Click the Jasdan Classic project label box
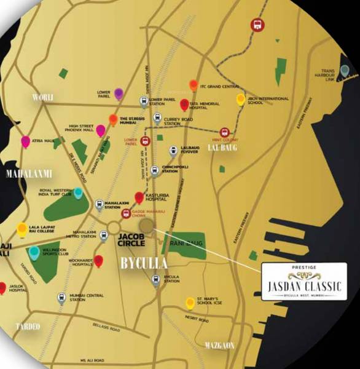pyautogui.click(x=304, y=282)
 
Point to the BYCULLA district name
pyautogui.click(x=143, y=264)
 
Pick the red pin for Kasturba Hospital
pyautogui.click(x=139, y=197)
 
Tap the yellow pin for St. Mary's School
pyautogui.click(x=190, y=302)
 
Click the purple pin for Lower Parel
pyautogui.click(x=119, y=93)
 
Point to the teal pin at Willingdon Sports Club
pyautogui.click(x=34, y=252)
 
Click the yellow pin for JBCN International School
pyautogui.click(x=241, y=100)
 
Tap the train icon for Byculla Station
pyautogui.click(x=156, y=280)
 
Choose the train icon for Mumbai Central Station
pyautogui.click(x=61, y=298)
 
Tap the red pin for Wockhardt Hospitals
pyautogui.click(x=99, y=261)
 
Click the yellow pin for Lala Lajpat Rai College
pyautogui.click(x=22, y=229)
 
